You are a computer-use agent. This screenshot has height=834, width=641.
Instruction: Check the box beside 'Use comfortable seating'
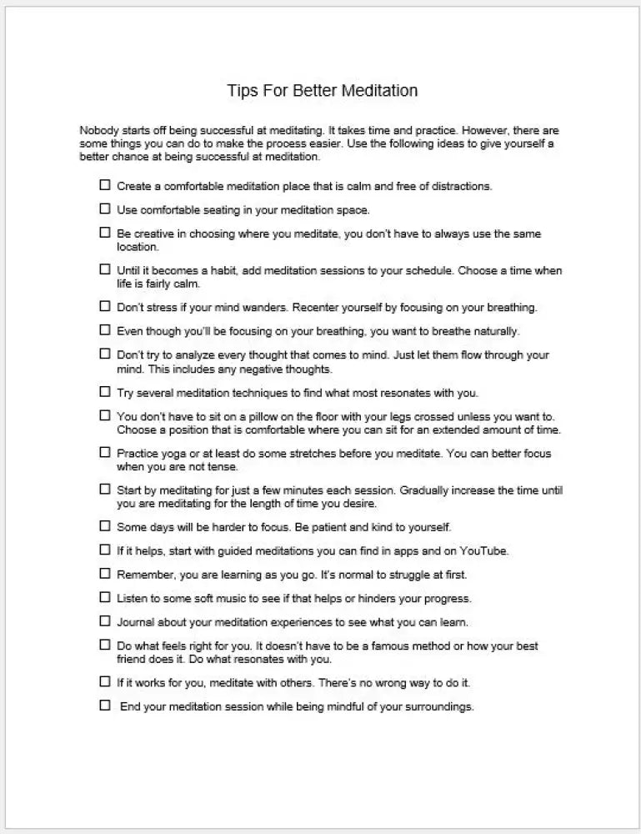pos(105,208)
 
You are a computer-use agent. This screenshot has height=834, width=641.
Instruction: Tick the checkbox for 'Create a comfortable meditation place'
pos(105,185)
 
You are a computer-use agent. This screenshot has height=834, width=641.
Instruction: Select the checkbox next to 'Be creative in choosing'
pos(105,233)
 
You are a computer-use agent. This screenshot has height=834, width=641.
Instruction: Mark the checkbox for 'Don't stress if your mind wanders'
pos(105,306)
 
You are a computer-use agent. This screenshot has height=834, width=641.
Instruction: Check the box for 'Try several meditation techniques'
pos(105,391)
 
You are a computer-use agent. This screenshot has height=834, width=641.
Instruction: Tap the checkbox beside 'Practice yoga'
pos(105,452)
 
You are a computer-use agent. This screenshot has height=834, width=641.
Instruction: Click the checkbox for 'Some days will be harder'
pos(105,526)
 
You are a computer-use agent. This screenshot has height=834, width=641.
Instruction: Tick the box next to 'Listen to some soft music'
pos(105,597)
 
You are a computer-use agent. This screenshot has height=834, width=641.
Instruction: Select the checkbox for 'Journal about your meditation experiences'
pos(105,621)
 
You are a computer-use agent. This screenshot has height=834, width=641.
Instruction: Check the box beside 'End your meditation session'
pos(105,706)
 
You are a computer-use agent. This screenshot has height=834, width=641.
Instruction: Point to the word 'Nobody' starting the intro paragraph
pos(98,131)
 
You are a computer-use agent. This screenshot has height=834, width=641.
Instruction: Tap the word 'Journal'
pos(135,622)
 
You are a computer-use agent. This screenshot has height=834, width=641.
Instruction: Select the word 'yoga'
pos(173,454)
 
